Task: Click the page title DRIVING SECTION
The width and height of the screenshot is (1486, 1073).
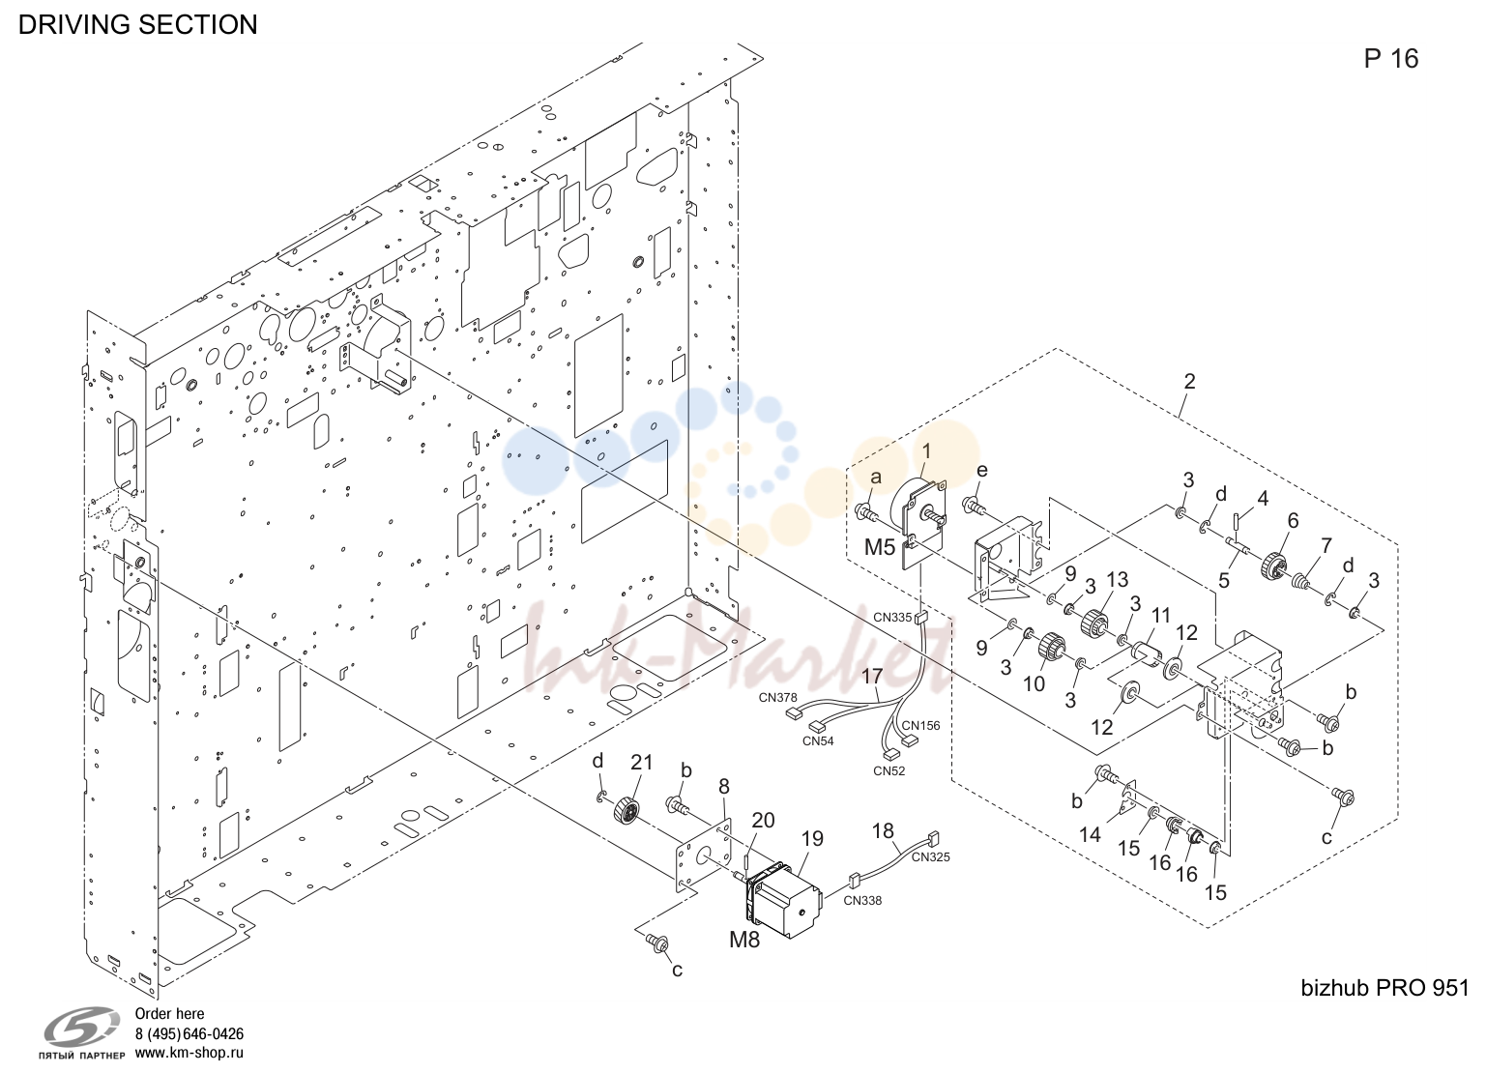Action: click(x=137, y=24)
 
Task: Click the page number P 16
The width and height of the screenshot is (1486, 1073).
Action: click(x=1390, y=58)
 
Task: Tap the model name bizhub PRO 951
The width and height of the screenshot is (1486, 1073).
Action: click(x=1384, y=988)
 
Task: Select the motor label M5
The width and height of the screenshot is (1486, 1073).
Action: click(x=880, y=547)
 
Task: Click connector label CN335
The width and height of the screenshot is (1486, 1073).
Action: click(x=892, y=618)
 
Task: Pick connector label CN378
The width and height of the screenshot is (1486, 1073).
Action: click(x=778, y=697)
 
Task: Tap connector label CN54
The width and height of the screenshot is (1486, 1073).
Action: click(x=818, y=741)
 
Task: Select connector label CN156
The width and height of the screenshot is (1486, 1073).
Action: click(x=920, y=726)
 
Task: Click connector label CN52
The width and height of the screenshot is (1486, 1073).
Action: click(x=889, y=770)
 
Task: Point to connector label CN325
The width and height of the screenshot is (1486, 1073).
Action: click(x=930, y=856)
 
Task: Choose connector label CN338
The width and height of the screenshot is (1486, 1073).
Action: click(x=862, y=901)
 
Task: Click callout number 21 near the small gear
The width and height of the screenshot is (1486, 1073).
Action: click(x=642, y=763)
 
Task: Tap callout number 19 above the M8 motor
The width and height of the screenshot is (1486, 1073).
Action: click(x=812, y=839)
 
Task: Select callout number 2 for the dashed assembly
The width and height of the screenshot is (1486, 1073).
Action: click(x=1189, y=381)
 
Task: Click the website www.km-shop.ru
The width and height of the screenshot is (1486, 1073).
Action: click(x=189, y=1053)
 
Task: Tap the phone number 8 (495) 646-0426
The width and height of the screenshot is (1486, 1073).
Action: click(x=189, y=1034)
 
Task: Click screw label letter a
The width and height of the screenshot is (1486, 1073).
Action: click(x=876, y=478)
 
